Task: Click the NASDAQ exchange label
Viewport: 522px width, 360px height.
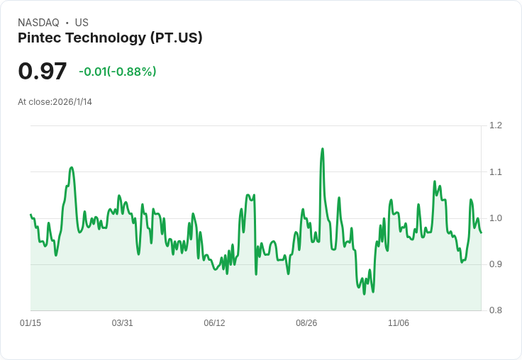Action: pyautogui.click(x=38, y=23)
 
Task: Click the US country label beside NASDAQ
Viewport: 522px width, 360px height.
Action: pyautogui.click(x=82, y=23)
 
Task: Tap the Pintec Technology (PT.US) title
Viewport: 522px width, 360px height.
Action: pyautogui.click(x=110, y=38)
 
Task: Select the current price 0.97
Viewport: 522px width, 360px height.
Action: pyautogui.click(x=43, y=72)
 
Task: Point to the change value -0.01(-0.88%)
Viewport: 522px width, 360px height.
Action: pyautogui.click(x=117, y=72)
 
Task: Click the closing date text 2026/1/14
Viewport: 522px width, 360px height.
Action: pyautogui.click(x=72, y=102)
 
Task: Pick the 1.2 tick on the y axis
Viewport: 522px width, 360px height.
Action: pyautogui.click(x=496, y=125)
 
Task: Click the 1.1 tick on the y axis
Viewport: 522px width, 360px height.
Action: pyautogui.click(x=496, y=171)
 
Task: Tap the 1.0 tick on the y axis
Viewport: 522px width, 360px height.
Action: pyautogui.click(x=496, y=218)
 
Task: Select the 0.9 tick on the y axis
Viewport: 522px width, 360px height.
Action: pyautogui.click(x=496, y=264)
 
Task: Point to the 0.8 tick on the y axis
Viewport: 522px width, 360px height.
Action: pyautogui.click(x=496, y=310)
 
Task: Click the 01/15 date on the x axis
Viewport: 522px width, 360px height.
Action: pyautogui.click(x=30, y=323)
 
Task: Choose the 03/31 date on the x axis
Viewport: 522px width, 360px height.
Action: pyautogui.click(x=123, y=323)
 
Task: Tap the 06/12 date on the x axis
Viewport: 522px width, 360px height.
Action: pyautogui.click(x=214, y=323)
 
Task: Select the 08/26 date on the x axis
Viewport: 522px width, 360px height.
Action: pyautogui.click(x=306, y=323)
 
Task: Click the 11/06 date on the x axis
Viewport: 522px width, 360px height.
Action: pyautogui.click(x=399, y=323)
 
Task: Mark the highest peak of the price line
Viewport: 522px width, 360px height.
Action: pyautogui.click(x=323, y=149)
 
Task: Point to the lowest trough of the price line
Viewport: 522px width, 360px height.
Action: pyautogui.click(x=365, y=293)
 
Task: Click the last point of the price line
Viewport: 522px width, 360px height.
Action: pyautogui.click(x=481, y=232)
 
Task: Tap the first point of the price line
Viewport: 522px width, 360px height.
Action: pyautogui.click(x=30, y=214)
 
